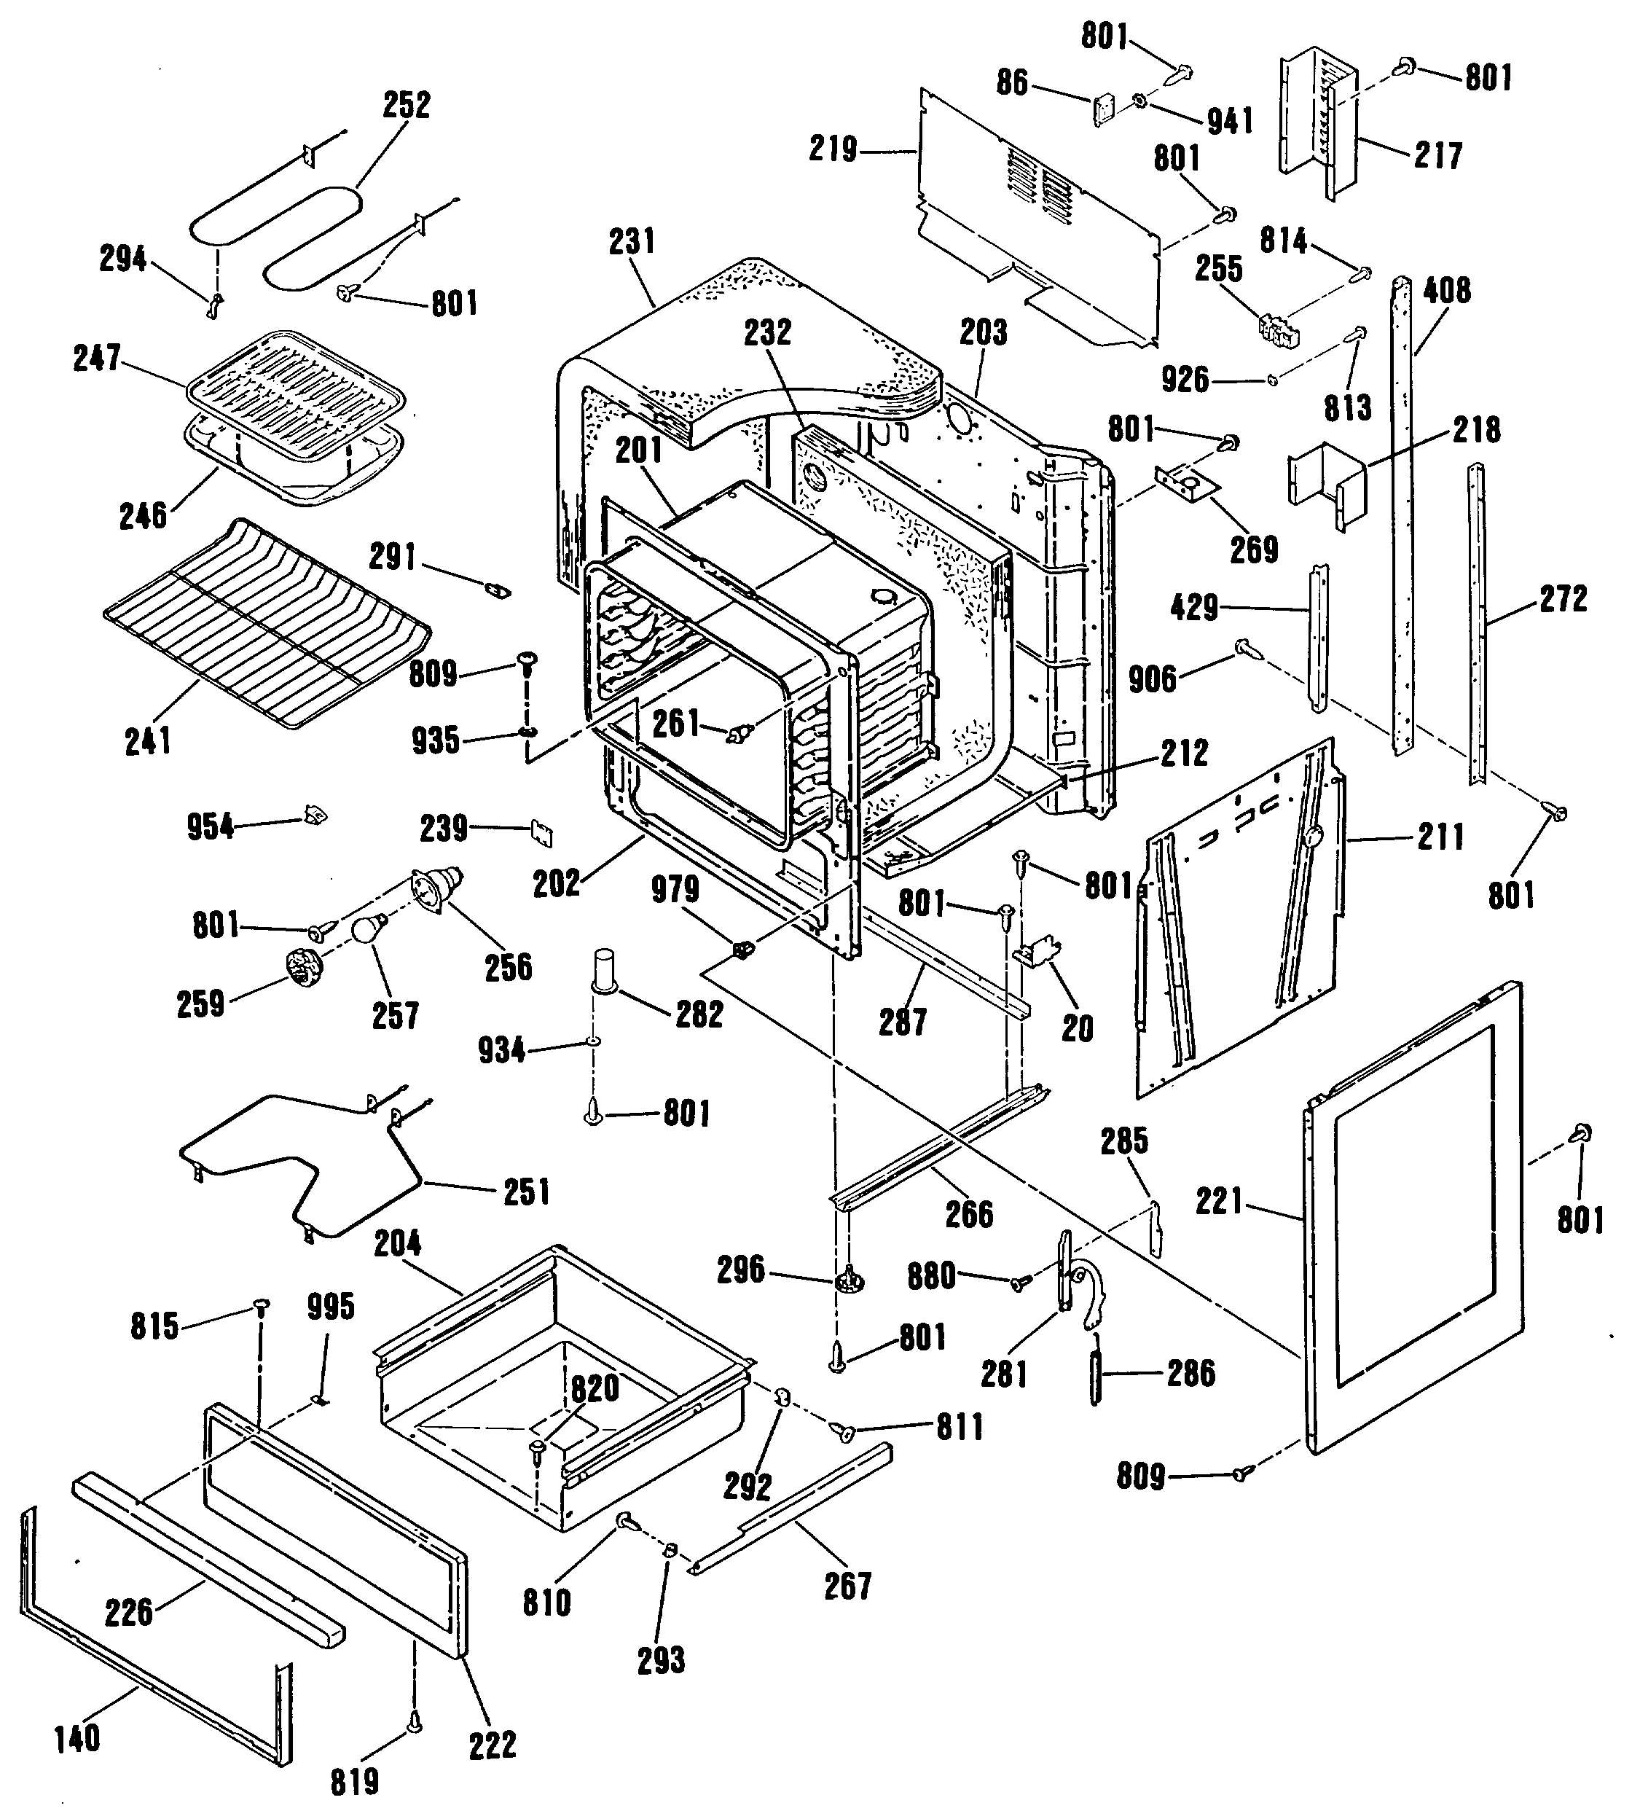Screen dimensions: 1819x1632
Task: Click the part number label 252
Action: pos(407,105)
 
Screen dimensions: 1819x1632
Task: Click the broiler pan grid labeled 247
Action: pos(295,381)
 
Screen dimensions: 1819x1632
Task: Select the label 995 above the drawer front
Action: pos(331,1307)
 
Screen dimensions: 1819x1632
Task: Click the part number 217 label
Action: pos(1438,155)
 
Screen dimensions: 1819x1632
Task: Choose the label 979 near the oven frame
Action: pos(675,889)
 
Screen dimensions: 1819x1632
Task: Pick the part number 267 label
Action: pos(847,1586)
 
